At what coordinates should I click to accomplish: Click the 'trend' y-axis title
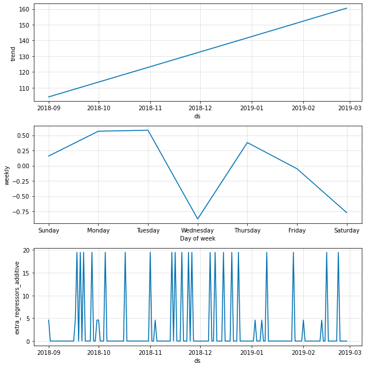pos(13,53)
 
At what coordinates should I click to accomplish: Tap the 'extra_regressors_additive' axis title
pos(17,297)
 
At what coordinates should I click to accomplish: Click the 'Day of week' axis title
pos(197,238)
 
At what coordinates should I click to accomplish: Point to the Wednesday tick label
pos(198,230)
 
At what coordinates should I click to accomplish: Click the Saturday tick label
pos(346,230)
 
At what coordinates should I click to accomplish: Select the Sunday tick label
pos(49,230)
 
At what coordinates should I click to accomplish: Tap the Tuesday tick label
pos(148,230)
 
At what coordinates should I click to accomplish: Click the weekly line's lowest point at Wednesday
pos(198,219)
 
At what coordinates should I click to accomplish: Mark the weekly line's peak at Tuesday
pos(148,130)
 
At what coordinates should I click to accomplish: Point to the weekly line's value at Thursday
pos(247,142)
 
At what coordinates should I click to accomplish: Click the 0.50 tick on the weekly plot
pos(25,136)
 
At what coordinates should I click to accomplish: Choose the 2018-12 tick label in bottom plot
pos(200,352)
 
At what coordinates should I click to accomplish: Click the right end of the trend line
pos(346,8)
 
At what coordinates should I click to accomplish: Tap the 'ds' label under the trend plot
pos(197,116)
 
